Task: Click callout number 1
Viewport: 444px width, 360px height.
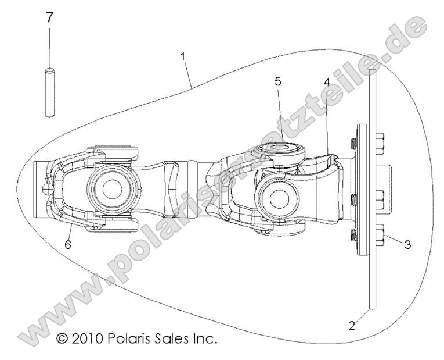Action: [183, 56]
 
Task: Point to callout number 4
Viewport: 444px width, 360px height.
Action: [327, 82]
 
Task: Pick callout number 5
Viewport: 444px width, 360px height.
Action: [278, 81]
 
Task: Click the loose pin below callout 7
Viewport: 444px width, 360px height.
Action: [50, 94]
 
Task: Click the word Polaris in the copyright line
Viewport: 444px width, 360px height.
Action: [128, 338]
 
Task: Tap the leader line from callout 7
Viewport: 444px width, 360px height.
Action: [50, 47]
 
